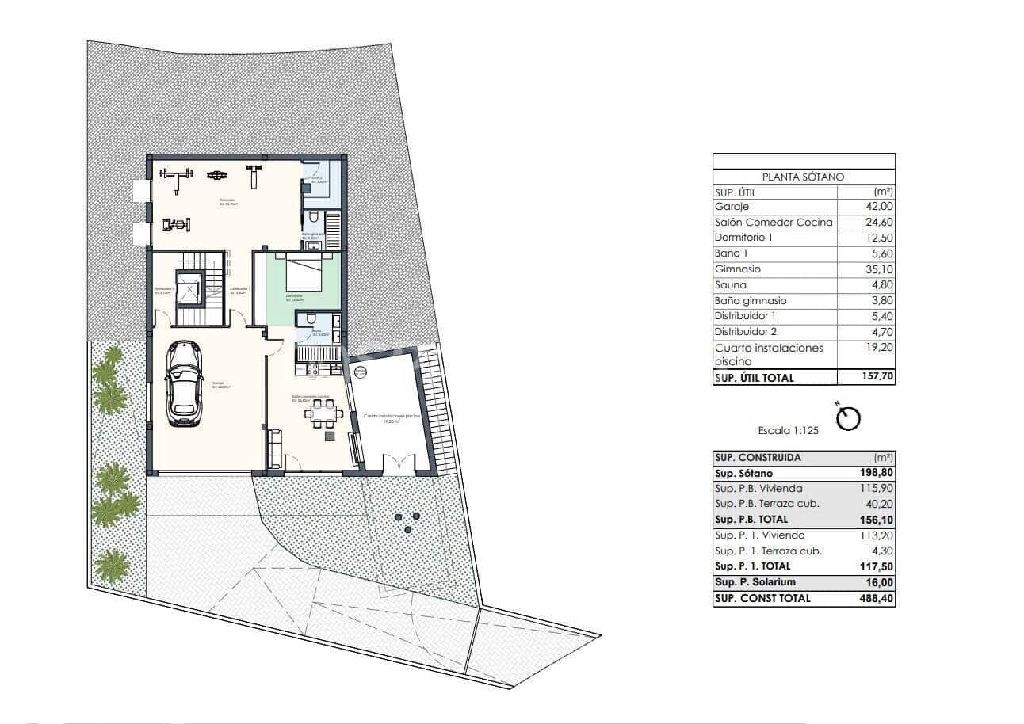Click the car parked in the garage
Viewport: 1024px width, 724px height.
tap(182, 384)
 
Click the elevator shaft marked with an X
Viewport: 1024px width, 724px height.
tap(189, 288)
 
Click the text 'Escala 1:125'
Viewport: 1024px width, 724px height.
tap(788, 431)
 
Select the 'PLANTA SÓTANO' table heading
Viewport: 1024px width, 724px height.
tap(803, 177)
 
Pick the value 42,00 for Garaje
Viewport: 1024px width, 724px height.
tap(877, 207)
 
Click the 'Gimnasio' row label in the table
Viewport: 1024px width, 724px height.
tap(737, 269)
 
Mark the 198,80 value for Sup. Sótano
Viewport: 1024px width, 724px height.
tap(876, 473)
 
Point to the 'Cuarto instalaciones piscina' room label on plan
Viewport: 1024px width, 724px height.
tap(392, 418)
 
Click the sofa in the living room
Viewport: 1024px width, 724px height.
tap(274, 448)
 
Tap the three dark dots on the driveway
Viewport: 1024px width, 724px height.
tap(407, 522)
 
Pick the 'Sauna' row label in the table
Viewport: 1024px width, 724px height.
tap(730, 285)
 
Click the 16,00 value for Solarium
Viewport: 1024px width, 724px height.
tap(879, 582)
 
